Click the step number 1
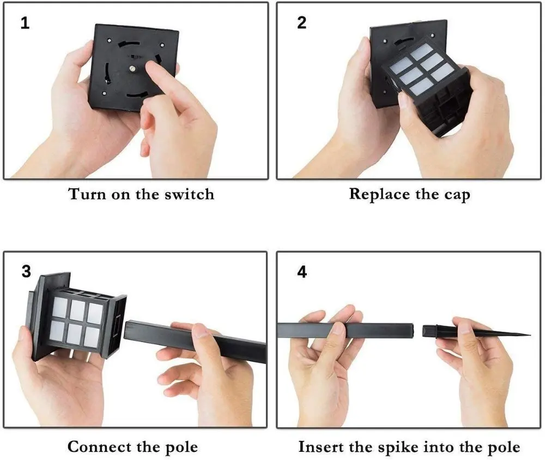tap(25, 23)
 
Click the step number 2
tap(302, 23)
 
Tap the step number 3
tap(26, 271)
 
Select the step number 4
tap(302, 271)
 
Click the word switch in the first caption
tap(187, 194)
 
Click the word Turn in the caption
tap(86, 194)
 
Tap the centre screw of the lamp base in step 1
tap(132, 69)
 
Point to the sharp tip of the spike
tap(529, 334)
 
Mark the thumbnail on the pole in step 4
tap(338, 329)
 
